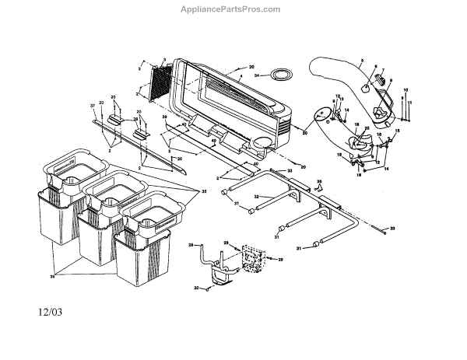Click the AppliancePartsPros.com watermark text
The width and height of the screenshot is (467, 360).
(233, 9)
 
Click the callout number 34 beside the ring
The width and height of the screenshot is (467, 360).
(259, 75)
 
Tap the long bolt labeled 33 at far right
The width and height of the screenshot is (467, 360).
(379, 227)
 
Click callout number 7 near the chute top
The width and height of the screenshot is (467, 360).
(383, 71)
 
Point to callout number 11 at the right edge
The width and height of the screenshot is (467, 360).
(410, 103)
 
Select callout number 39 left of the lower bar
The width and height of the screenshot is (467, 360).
(164, 117)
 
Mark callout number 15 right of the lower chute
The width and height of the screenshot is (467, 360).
(397, 131)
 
